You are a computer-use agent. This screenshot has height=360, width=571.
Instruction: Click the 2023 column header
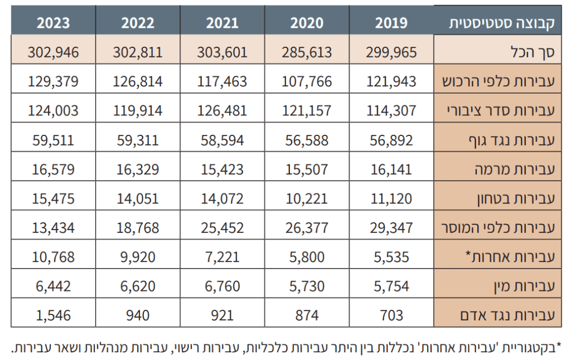[53, 23]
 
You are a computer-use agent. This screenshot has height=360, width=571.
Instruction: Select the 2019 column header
[391, 23]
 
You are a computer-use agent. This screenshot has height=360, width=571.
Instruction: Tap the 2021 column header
[222, 23]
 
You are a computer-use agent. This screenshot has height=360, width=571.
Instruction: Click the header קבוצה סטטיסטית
[502, 23]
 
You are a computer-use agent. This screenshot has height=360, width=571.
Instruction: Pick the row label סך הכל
[533, 52]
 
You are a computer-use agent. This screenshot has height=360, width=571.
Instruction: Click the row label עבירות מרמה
[515, 169]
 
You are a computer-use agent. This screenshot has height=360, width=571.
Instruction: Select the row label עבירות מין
[524, 286]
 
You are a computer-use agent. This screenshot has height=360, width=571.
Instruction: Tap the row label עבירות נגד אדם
[507, 315]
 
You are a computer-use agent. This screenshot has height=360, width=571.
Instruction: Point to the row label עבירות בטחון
[516, 199]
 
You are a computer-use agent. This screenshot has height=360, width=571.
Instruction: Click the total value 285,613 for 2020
[307, 52]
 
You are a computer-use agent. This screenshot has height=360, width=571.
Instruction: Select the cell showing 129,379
[53, 81]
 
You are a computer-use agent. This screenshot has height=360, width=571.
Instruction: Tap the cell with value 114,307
[391, 111]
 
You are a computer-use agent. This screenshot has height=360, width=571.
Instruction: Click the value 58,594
[222, 140]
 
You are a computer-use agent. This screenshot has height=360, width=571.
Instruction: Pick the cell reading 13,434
[53, 228]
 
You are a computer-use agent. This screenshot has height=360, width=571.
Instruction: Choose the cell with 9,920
[138, 257]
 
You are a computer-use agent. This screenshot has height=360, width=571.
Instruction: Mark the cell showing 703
[391, 315]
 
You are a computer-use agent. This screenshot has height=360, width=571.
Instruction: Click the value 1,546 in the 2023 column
[53, 315]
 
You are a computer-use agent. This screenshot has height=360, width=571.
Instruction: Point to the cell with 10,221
[307, 199]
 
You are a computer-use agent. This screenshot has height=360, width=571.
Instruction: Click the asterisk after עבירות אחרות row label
[468, 254]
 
